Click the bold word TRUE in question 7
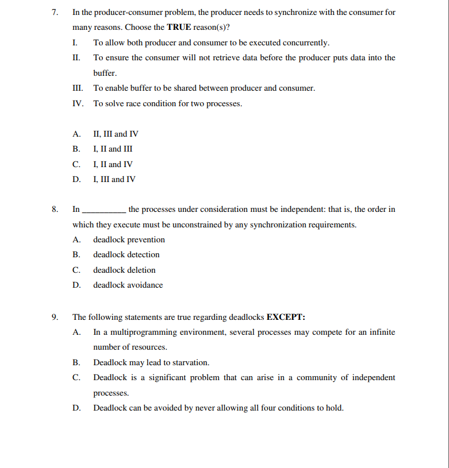click(x=179, y=28)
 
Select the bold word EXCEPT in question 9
click(x=286, y=317)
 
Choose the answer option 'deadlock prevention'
click(x=129, y=240)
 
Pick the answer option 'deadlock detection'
click(x=126, y=255)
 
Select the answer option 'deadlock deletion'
click(x=124, y=270)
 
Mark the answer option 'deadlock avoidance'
click(x=128, y=285)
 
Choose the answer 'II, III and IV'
click(x=116, y=134)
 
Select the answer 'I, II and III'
click(x=113, y=149)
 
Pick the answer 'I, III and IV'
click(x=114, y=179)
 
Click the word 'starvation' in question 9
click(x=190, y=363)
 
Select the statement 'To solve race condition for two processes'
click(x=167, y=104)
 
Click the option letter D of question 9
click(x=76, y=408)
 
